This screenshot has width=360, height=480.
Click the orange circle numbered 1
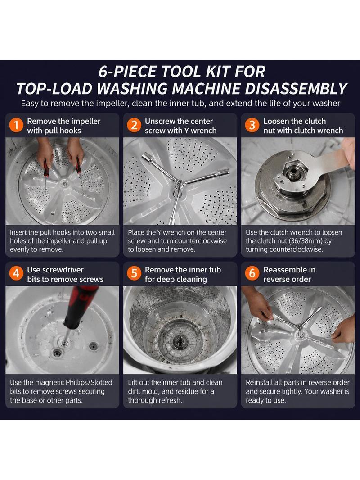pyautogui.click(x=16, y=126)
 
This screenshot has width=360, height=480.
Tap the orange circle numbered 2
pyautogui.click(x=134, y=126)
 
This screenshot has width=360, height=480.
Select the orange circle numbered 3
pyautogui.click(x=252, y=126)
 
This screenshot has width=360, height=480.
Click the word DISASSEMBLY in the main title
pyautogui.click(x=296, y=89)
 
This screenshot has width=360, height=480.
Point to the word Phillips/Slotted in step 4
pyautogui.click(x=89, y=383)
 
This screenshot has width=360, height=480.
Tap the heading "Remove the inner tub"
pyautogui.click(x=183, y=270)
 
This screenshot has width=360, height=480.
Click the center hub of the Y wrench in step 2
pyautogui.click(x=179, y=184)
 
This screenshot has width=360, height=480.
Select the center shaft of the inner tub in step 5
pyautogui.click(x=180, y=340)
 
